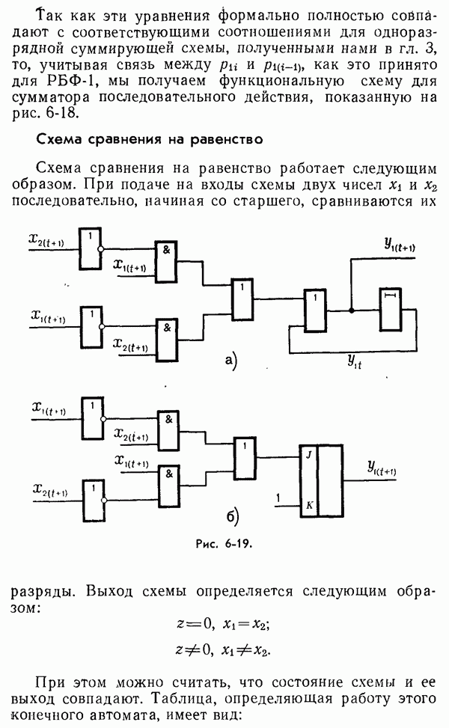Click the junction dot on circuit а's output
point(349,309)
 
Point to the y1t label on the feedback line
point(355,361)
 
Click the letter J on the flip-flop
point(308,454)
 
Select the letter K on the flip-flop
point(308,507)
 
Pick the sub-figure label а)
point(230,362)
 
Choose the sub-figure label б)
point(232,517)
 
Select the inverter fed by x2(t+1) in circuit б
point(91,496)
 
